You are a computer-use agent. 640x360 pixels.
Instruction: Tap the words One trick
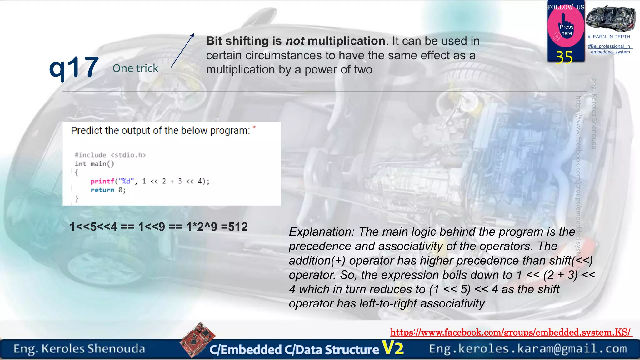pos(135,68)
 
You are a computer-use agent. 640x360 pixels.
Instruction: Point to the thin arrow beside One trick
pos(182,51)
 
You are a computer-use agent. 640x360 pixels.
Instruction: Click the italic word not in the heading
pos(295,41)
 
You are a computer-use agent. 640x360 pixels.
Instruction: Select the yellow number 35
pos(564,57)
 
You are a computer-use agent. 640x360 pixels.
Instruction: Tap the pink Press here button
pos(566,30)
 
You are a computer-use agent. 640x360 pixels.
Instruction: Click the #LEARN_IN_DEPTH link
pos(609,37)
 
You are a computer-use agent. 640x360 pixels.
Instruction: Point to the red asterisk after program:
pos(254,127)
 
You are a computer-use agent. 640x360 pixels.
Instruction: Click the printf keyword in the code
pos(102,181)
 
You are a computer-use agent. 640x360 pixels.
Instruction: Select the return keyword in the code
pos(102,190)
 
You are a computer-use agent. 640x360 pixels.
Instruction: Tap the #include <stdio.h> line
pos(110,155)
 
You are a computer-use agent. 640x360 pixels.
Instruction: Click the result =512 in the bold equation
pos(234,227)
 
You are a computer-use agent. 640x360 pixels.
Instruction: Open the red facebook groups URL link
pos(510,332)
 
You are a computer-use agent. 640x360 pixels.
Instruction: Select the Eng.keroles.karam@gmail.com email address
pos(528,348)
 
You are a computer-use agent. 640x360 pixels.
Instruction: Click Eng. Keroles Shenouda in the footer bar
pos(79,349)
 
